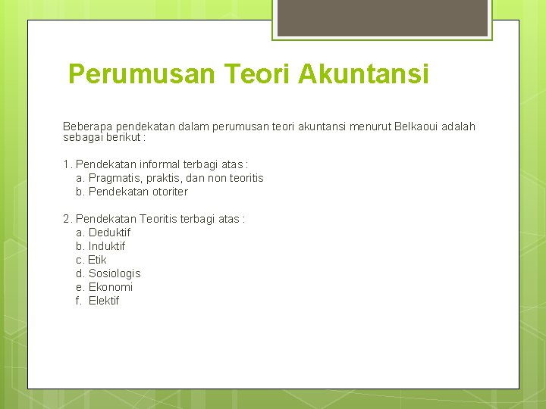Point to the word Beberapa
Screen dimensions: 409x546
pyautogui.click(x=86, y=126)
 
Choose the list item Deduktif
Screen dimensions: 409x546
pyautogui.click(x=109, y=233)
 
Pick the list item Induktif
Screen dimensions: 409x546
pyautogui.click(x=107, y=246)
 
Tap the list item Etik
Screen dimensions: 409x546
pyautogui.click(x=97, y=260)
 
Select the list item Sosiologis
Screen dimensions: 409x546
pyautogui.click(x=115, y=273)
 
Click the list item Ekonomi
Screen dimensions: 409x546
pyautogui.click(x=111, y=287)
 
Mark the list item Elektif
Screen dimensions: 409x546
pyautogui.click(x=104, y=301)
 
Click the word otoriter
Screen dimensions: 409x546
pyautogui.click(x=166, y=192)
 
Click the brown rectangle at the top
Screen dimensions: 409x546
pyautogui.click(x=382, y=17)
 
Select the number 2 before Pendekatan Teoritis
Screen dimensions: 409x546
pyautogui.click(x=66, y=219)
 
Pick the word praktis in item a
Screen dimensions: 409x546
pyautogui.click(x=162, y=178)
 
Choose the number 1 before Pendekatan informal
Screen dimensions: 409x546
pyautogui.click(x=66, y=164)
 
